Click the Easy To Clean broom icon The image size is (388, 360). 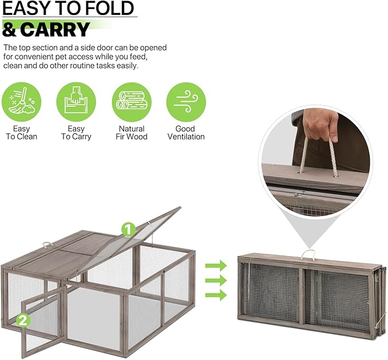(21, 102)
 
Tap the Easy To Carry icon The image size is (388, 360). (76, 102)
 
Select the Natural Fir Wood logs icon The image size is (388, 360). (131, 102)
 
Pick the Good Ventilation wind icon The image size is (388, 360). (186, 102)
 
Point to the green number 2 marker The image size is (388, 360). (23, 321)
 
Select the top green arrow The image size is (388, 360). (215, 266)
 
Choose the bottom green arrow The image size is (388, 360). (215, 295)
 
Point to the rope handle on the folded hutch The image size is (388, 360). (309, 254)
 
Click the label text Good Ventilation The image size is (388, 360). (186, 133)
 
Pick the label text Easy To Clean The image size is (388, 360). (21, 133)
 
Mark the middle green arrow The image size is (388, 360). (215, 281)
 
